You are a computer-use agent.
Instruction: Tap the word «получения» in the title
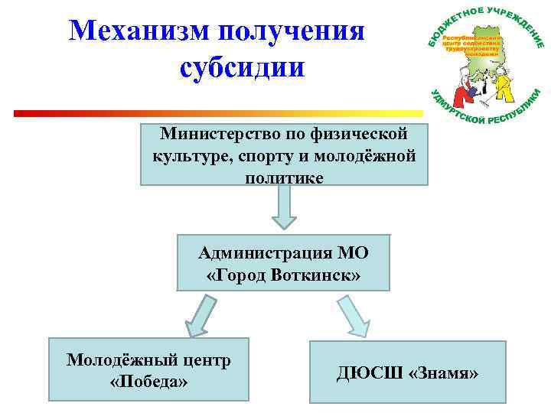click(x=291, y=31)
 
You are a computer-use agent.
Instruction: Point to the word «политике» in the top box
click(x=284, y=177)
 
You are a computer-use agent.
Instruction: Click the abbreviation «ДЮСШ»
click(x=368, y=373)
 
